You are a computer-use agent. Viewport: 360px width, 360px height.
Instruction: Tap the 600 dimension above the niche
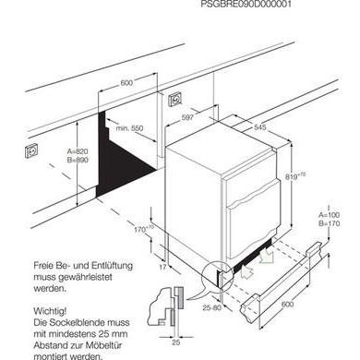pyautogui.click(x=126, y=83)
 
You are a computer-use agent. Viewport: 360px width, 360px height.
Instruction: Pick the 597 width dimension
pyautogui.click(x=186, y=116)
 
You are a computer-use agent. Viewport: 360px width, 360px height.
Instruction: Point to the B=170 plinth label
pyautogui.click(x=330, y=223)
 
